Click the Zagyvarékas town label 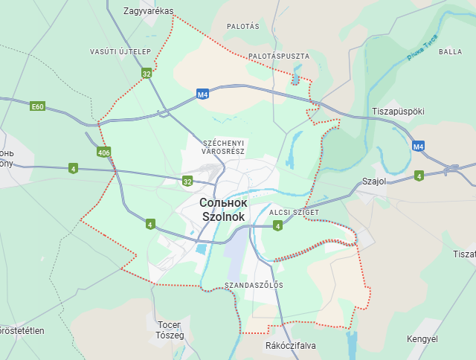click(x=148, y=11)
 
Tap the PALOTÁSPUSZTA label click(x=279, y=56)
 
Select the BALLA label click(x=450, y=51)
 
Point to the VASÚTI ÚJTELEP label click(x=120, y=51)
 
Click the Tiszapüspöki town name click(x=397, y=111)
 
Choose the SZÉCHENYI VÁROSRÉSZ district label click(x=223, y=147)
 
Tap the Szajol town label click(x=376, y=181)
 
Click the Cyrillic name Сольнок click(x=223, y=202)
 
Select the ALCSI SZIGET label click(x=294, y=213)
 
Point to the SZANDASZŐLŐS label click(x=253, y=285)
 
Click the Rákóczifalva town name click(x=290, y=346)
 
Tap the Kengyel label click(x=422, y=339)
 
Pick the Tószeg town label click(x=170, y=335)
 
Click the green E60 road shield click(x=38, y=106)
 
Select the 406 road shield click(x=103, y=152)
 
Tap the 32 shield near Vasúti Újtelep click(x=147, y=74)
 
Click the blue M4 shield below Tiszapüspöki click(x=419, y=147)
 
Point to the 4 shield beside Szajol click(x=419, y=176)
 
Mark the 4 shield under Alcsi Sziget click(x=277, y=225)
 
